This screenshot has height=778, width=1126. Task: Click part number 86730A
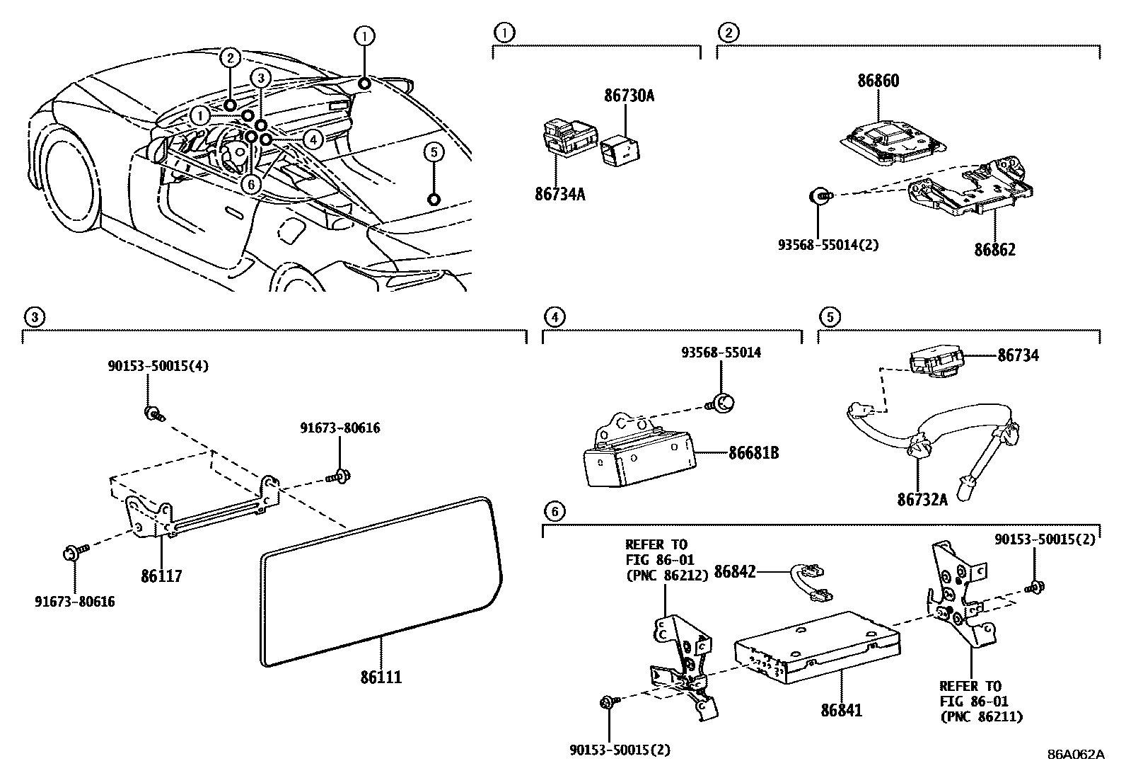click(629, 95)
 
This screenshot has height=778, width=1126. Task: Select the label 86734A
click(560, 193)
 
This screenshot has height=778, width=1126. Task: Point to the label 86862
click(994, 249)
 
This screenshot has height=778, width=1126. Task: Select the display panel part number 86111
click(381, 677)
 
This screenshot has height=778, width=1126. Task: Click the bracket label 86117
click(161, 576)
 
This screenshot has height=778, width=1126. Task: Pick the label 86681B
click(753, 452)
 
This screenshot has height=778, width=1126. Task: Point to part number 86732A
click(922, 500)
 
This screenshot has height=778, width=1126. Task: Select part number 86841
click(842, 709)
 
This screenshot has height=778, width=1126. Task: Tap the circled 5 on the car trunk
click(434, 151)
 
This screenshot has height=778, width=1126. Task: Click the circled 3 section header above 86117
click(34, 316)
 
